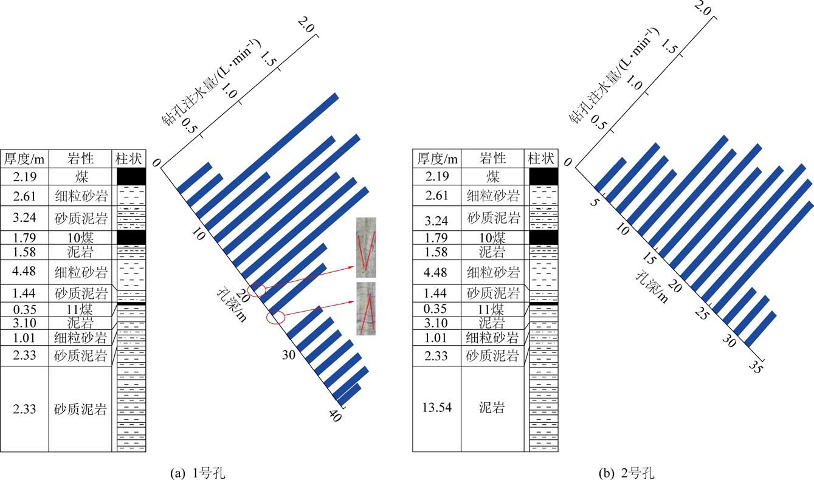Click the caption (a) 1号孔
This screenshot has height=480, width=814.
coord(198,473)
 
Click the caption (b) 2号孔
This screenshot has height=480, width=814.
coord(627,473)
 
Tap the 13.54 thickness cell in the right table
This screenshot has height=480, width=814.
coord(437,407)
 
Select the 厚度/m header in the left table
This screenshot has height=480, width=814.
coord(24,159)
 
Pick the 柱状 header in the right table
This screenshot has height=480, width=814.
coord(541,159)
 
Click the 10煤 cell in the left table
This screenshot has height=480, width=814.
coord(80,238)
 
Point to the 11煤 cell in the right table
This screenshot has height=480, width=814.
coord(491,309)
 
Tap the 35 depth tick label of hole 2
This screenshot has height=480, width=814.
coord(755,367)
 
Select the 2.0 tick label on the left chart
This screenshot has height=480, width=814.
coord(306,25)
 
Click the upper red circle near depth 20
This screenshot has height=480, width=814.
coord(257,290)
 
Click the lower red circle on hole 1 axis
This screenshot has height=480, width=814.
coord(275,317)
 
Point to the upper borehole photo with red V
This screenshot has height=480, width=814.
coord(366,248)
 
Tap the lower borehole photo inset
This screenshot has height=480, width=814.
coord(366,308)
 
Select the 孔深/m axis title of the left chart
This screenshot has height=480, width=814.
coord(232,305)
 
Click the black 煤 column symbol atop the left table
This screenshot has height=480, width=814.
coord(131,176)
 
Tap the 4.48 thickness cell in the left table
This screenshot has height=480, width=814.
coord(24,271)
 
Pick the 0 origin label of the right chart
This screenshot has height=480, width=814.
coord(567,162)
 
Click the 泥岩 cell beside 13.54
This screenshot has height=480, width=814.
coord(492,408)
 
